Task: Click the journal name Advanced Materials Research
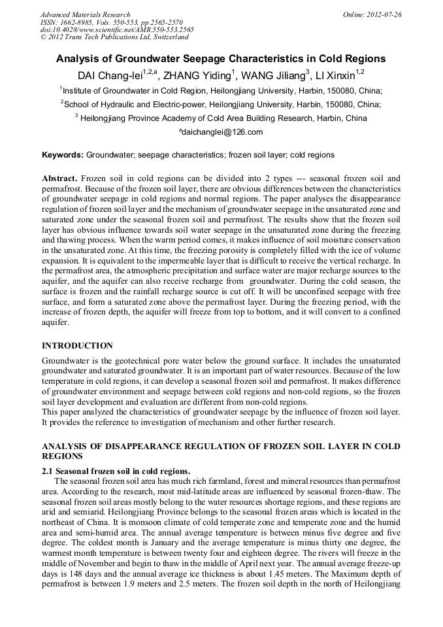point(85,14)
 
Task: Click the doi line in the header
point(116,29)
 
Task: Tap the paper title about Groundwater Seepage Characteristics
point(221,59)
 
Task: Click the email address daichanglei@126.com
point(222,132)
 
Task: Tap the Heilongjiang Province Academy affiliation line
point(221,118)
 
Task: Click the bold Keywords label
point(62,155)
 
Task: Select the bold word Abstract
point(59,178)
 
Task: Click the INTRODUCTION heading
point(77,346)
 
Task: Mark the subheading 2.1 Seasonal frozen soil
point(116,471)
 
